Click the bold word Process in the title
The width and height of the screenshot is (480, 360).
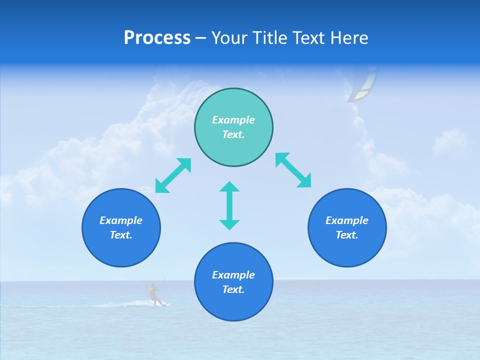[x=157, y=38]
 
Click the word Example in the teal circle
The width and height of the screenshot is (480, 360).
[x=233, y=120]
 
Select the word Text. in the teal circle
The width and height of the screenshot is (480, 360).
[x=233, y=134]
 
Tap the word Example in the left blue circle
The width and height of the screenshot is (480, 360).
[x=121, y=220]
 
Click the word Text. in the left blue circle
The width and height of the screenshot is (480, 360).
[x=121, y=235]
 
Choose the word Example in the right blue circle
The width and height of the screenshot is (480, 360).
[x=347, y=220]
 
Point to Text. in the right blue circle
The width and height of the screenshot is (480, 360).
[x=347, y=235]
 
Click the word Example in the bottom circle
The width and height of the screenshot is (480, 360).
[x=233, y=275]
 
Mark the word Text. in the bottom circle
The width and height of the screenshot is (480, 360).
[x=233, y=289]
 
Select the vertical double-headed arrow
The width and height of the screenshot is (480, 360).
[x=229, y=205]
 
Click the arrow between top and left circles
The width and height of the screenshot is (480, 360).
[x=173, y=175]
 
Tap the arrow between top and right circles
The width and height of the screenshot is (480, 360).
[x=293, y=170]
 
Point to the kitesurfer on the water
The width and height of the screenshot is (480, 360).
[x=154, y=294]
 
